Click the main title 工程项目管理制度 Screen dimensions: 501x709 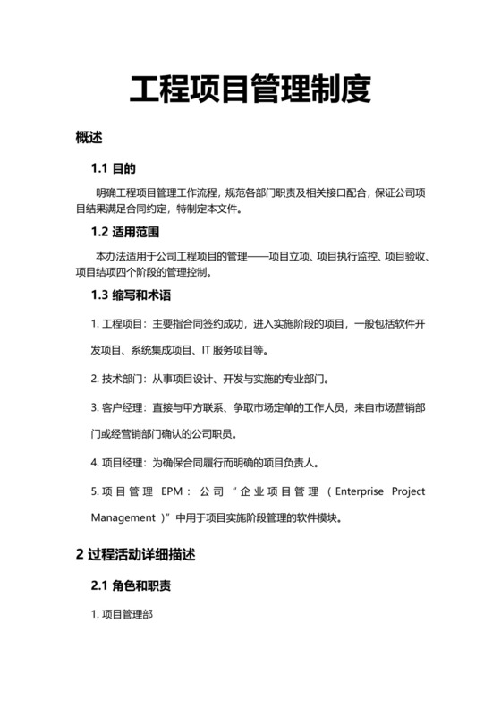250,90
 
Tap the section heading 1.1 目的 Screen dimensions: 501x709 113,168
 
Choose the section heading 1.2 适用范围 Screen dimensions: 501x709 125,233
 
